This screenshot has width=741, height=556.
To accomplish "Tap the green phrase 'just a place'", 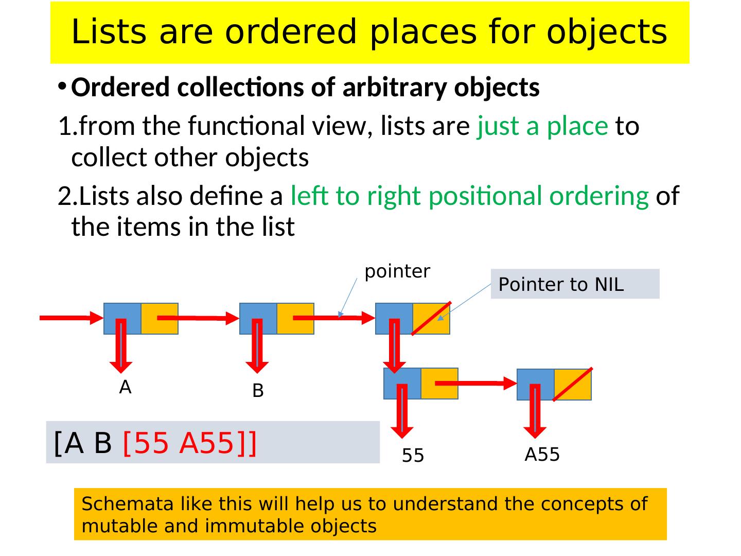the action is (x=542, y=126).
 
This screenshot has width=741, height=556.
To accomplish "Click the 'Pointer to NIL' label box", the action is (x=574, y=284).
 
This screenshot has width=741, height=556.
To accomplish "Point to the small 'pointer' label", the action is (x=397, y=271).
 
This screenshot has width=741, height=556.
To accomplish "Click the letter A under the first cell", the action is (x=125, y=387).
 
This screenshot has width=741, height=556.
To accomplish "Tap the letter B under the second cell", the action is (x=258, y=391).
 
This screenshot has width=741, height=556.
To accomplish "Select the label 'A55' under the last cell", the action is (x=542, y=455).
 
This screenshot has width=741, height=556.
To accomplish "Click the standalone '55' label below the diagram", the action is (x=413, y=456).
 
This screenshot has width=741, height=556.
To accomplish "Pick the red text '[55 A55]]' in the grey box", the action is (x=189, y=443).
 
